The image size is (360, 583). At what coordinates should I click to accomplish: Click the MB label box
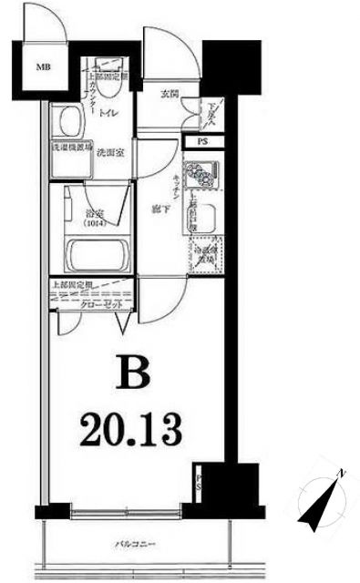pyautogui.click(x=43, y=66)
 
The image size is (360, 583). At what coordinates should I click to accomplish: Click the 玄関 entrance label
pyautogui.click(x=170, y=95)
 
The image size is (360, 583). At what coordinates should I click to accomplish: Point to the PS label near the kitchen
pyautogui.click(x=201, y=143)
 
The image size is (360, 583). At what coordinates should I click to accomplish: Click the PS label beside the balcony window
pyautogui.click(x=201, y=483)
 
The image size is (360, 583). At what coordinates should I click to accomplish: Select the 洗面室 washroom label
pyautogui.click(x=110, y=152)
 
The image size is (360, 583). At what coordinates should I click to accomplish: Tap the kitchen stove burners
pyautogui.click(x=201, y=172)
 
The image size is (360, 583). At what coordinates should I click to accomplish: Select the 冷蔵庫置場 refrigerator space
pyautogui.click(x=204, y=253)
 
